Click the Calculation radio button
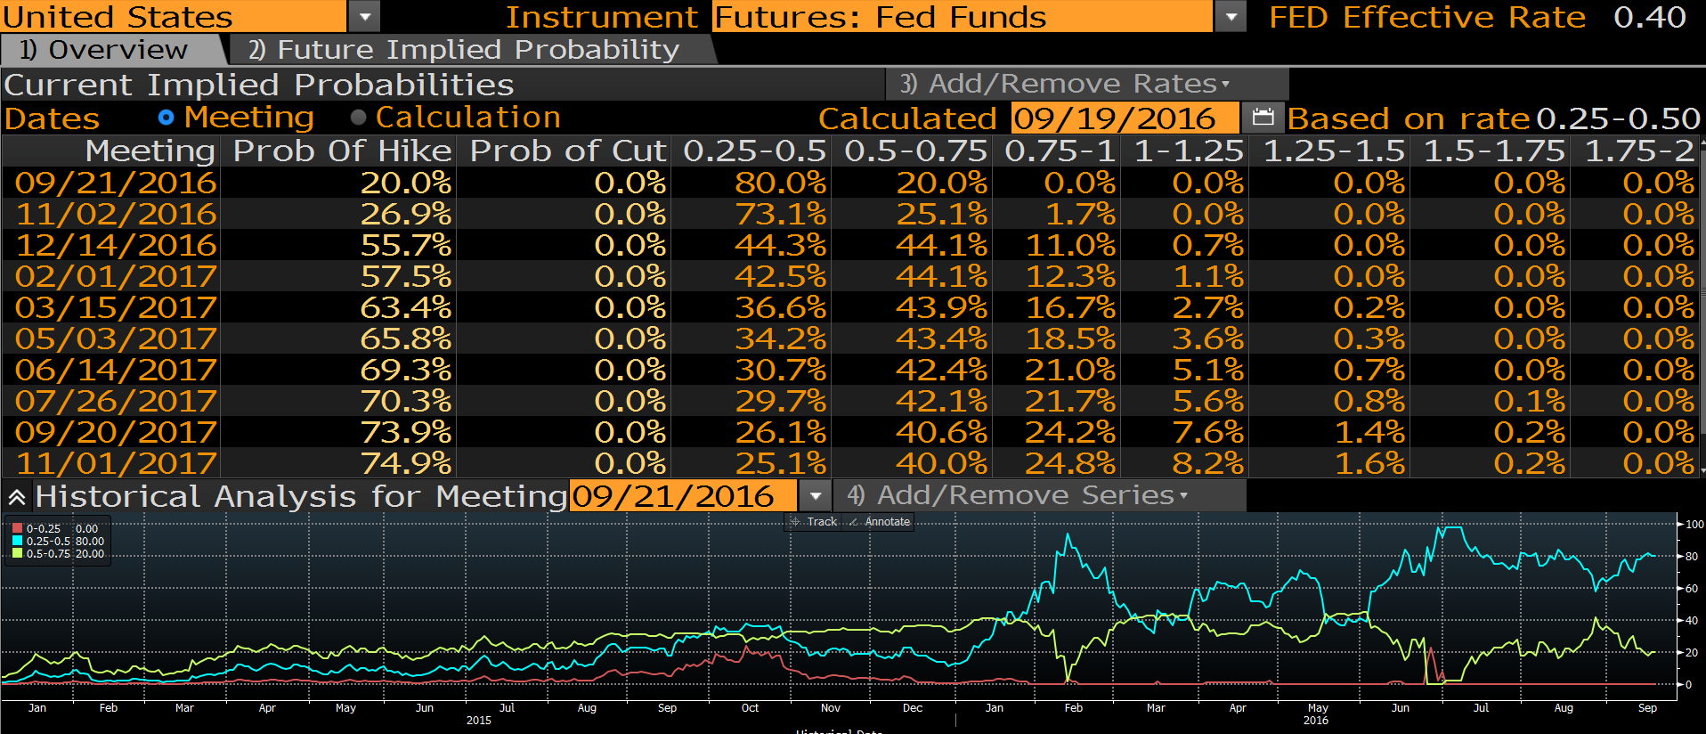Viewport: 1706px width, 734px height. [359, 118]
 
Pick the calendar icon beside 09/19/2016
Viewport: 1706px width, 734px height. [1263, 118]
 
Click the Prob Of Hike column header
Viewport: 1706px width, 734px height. [343, 151]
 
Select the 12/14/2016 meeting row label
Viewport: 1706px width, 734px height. [116, 245]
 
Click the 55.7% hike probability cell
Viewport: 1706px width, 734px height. [406, 245]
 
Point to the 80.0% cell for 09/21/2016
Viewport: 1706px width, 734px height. [780, 183]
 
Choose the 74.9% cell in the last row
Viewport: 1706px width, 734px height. [406, 463]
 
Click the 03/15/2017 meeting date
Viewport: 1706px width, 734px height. [116, 307]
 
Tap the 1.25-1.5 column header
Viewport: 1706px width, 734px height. [1334, 151]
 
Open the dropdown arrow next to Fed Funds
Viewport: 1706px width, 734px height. [1231, 17]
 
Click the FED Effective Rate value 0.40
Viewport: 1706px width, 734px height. [1649, 17]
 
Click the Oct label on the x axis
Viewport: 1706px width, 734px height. [750, 708]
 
